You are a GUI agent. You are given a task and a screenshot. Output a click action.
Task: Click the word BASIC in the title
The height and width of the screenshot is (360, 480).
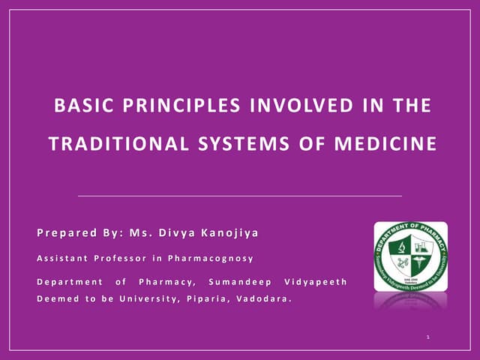[79, 106]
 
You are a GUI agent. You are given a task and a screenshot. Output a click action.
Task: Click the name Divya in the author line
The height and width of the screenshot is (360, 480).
[173, 232]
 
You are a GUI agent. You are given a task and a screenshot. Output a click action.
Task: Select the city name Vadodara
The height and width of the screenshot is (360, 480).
[263, 298]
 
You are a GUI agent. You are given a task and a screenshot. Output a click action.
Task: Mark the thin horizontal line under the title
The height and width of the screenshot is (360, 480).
[240, 195]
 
